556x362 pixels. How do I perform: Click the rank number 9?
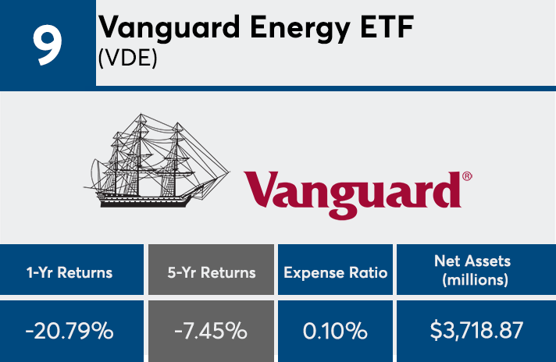coord(47,45)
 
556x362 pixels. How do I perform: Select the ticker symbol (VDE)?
coord(128,59)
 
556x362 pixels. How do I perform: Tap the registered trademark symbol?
coord(467,177)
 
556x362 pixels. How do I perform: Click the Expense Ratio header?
coord(336,272)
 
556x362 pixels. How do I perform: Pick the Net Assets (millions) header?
coord(476,272)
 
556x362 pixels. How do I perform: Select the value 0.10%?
coord(336,330)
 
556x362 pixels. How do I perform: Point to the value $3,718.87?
coord(476,330)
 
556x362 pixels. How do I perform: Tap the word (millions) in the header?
coord(476,280)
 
